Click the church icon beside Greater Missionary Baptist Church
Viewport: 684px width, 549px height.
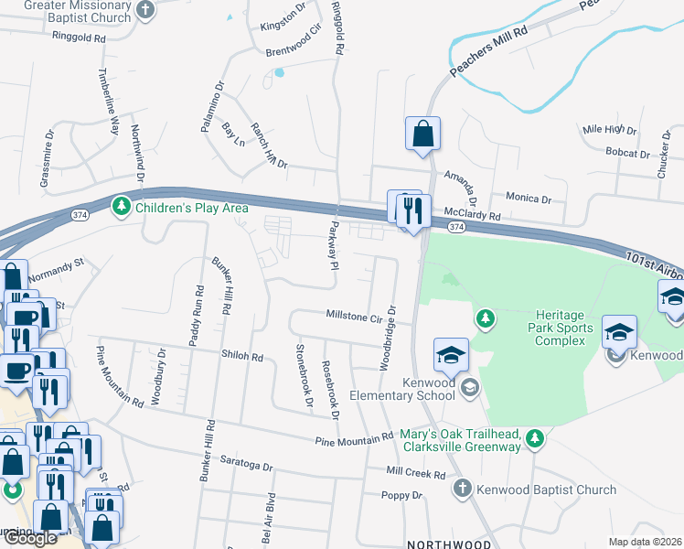point(145,10)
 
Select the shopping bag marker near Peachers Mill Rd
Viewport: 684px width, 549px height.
point(422,134)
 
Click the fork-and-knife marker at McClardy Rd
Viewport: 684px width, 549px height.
point(413,211)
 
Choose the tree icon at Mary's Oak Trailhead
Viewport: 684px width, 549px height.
point(536,440)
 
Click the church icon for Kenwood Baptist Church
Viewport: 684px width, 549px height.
point(463,490)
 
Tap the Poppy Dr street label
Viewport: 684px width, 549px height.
point(403,495)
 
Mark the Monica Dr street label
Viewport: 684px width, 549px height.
point(529,198)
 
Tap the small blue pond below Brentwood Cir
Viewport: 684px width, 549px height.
point(279,72)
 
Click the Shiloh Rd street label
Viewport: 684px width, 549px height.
point(241,356)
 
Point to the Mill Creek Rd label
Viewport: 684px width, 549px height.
point(415,474)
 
